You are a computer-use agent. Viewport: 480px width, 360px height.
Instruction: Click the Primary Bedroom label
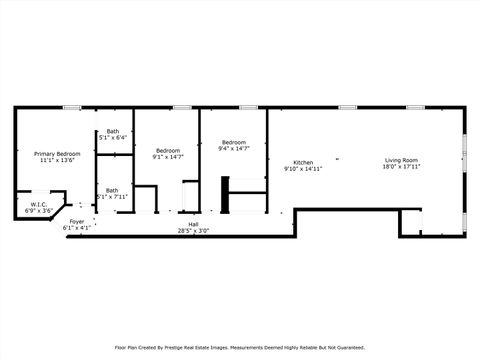click(57, 153)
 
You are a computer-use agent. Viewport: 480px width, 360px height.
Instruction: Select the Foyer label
click(77, 221)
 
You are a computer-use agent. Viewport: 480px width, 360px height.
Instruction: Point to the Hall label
click(193, 224)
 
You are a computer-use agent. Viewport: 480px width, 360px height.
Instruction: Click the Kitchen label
click(303, 162)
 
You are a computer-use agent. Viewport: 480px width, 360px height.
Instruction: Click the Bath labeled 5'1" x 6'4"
click(113, 131)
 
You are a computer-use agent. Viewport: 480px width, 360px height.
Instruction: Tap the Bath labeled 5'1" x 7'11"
click(112, 190)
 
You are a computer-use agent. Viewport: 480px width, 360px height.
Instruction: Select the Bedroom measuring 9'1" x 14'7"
click(167, 149)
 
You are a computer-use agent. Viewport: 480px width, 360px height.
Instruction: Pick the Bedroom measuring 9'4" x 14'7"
click(234, 142)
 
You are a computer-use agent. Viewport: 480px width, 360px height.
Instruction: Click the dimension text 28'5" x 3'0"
click(193, 231)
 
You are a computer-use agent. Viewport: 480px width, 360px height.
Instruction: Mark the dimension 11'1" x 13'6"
click(57, 160)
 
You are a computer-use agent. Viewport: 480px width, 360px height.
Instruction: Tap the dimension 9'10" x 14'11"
click(303, 169)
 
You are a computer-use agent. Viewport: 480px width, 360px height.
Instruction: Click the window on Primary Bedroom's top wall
click(71, 107)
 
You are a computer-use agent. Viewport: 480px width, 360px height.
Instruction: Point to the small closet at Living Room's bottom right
click(410, 222)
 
